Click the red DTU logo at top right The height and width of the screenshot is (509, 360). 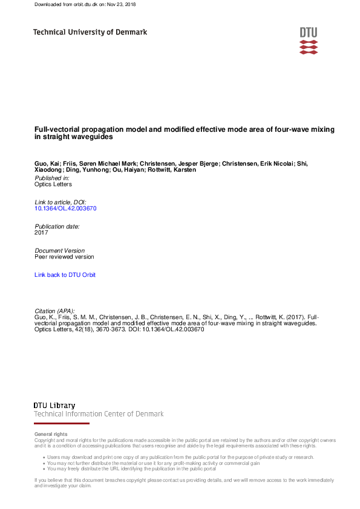click(x=308, y=41)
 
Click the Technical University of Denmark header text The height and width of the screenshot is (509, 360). click(x=90, y=32)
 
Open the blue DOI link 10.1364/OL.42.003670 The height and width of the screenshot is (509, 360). click(x=65, y=208)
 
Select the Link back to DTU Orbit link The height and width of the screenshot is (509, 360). click(x=65, y=275)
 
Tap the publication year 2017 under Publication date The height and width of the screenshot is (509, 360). click(x=41, y=232)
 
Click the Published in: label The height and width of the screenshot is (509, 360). click(x=52, y=178)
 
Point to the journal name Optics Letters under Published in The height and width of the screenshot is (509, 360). click(x=53, y=184)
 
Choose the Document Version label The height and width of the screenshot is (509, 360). click(x=59, y=250)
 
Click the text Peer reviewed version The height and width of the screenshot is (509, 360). click(x=64, y=257)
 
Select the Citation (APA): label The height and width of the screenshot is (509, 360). click(x=55, y=311)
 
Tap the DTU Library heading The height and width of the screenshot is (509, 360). click(x=54, y=405)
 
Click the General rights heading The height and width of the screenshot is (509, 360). click(x=51, y=434)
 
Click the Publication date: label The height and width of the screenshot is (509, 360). click(x=57, y=226)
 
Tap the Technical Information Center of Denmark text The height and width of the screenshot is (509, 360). click(x=99, y=414)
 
